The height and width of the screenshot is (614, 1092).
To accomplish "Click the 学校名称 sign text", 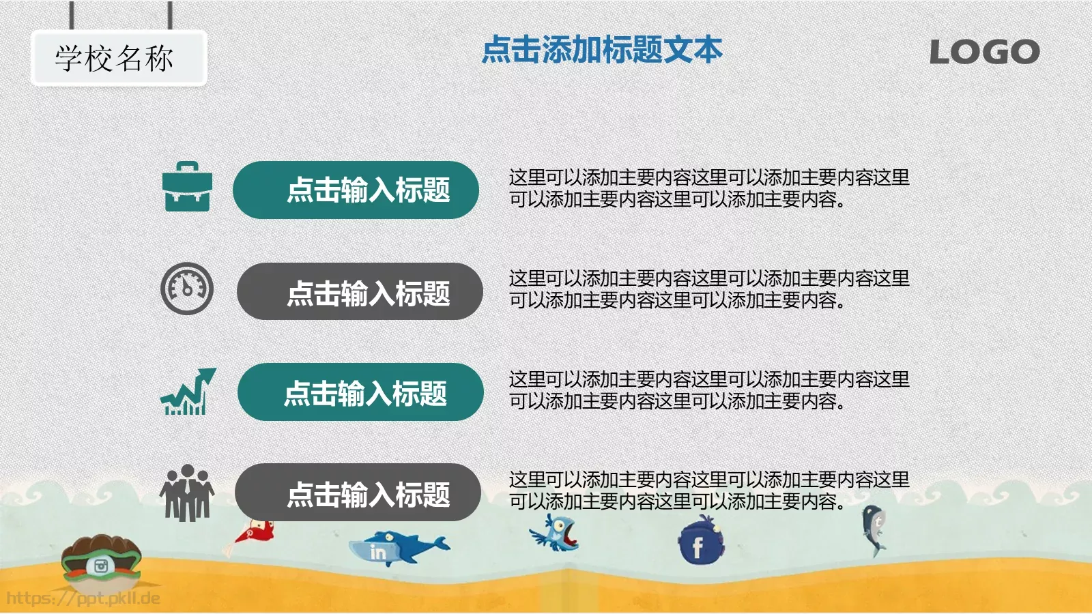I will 115,59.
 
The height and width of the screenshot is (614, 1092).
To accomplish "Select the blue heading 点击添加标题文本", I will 602,50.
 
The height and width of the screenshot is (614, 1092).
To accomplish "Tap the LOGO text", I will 984,52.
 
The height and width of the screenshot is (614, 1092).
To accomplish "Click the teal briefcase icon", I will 187,187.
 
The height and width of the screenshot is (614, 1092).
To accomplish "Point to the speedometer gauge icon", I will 187,289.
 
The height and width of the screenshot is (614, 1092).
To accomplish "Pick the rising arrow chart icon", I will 188,392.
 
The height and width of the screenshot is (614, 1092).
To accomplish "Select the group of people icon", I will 186,493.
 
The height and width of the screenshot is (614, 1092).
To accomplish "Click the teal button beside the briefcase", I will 356,190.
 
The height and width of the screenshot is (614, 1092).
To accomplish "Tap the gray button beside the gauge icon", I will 360,292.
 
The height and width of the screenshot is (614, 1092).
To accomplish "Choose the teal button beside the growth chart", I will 360,392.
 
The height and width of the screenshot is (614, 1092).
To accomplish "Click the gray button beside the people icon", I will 358,493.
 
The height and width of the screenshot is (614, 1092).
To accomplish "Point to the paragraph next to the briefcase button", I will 708,188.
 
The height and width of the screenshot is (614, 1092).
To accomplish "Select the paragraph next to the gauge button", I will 708,289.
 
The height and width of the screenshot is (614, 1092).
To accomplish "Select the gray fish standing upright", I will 874,529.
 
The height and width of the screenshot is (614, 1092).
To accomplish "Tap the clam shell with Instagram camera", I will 101,561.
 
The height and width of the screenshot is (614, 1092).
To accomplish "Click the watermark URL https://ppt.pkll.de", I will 83,598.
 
